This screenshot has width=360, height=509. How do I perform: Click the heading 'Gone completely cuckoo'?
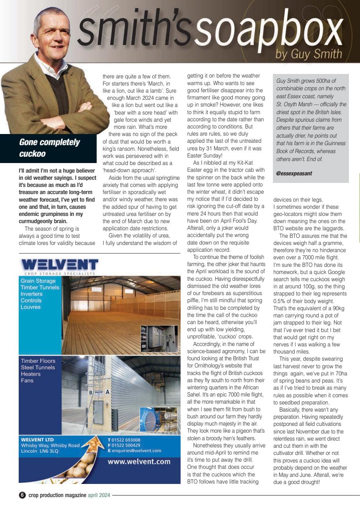tap(49, 148)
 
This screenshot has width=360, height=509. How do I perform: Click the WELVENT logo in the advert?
tap(60, 264)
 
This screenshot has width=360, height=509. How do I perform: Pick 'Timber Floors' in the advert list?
tap(38, 361)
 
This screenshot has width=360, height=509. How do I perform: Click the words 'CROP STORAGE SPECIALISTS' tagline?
tap(60, 274)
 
